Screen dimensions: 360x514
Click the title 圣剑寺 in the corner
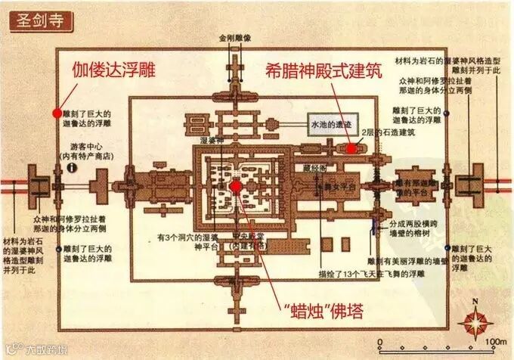(x=36, y=19)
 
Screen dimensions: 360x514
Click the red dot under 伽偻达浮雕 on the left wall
(x=56, y=113)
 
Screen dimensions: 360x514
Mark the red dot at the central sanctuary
(x=235, y=186)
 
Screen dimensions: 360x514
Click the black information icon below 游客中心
(x=72, y=167)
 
